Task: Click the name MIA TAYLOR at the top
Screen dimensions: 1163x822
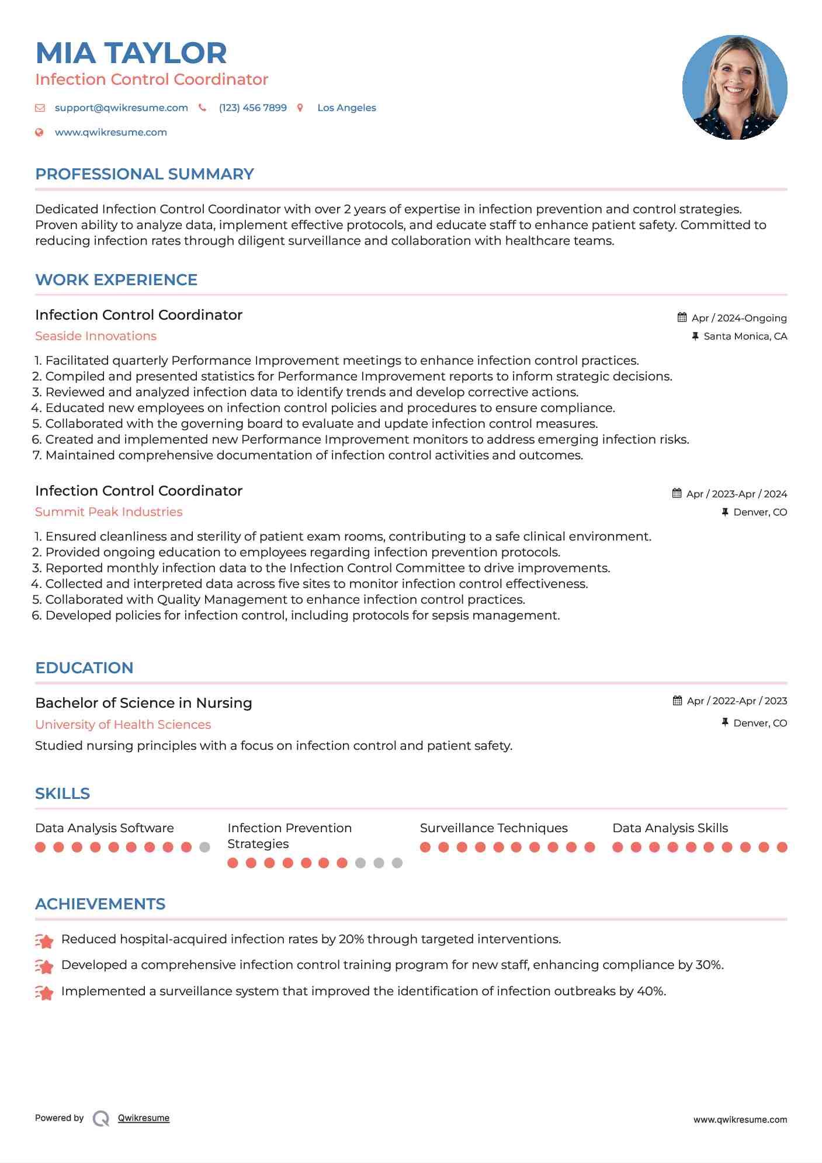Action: [x=131, y=53]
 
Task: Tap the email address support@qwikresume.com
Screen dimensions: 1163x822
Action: [x=121, y=108]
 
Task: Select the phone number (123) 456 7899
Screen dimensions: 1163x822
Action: [x=252, y=108]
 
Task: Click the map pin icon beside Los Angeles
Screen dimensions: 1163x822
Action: [x=300, y=108]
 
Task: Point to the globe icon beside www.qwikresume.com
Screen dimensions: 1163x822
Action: [x=39, y=133]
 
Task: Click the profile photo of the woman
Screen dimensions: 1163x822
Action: [x=734, y=88]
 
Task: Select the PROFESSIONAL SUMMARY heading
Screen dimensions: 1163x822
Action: [x=144, y=174]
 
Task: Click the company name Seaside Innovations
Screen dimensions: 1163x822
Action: [x=96, y=336]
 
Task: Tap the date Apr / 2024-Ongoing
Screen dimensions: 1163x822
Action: [x=738, y=318]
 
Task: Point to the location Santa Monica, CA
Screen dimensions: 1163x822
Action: [x=745, y=336]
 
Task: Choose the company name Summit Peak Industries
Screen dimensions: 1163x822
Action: [x=109, y=512]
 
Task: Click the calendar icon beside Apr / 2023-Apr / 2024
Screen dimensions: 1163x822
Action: [x=677, y=493]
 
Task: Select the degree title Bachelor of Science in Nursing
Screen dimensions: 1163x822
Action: [x=144, y=703]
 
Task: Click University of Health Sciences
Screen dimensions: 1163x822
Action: [x=123, y=725]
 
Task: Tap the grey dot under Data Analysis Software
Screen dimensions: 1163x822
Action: [x=204, y=847]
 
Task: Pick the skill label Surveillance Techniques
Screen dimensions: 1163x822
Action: [x=494, y=828]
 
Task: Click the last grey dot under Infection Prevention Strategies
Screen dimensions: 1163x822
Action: [x=397, y=863]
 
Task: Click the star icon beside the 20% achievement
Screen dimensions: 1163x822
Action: [x=44, y=940]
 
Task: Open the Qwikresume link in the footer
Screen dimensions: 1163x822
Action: [x=144, y=1118]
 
